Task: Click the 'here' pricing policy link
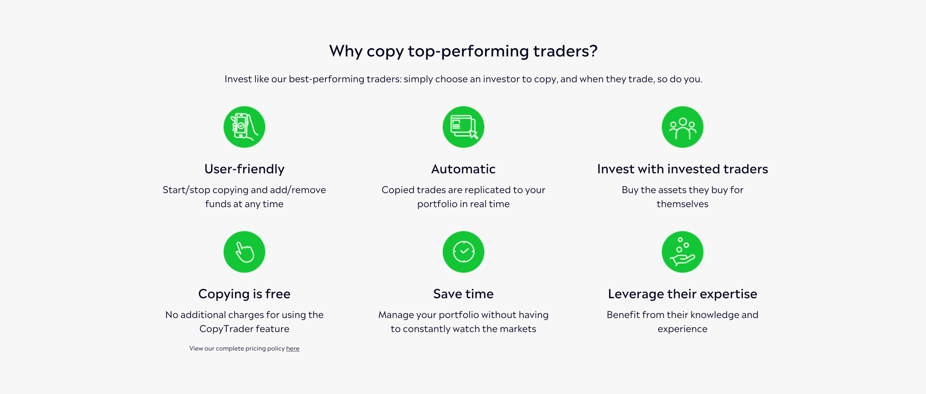(293, 348)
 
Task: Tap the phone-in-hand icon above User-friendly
(245, 127)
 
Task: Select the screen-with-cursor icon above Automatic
(463, 127)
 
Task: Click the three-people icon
(682, 127)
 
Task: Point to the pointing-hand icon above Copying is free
(245, 252)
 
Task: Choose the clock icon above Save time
(463, 252)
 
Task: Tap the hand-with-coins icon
(682, 252)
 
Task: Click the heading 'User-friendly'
(245, 169)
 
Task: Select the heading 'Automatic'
(463, 169)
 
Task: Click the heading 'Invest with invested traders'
(682, 169)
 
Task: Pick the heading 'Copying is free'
(245, 294)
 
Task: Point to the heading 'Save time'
(463, 294)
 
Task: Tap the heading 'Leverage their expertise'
(682, 294)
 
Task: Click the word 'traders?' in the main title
(565, 51)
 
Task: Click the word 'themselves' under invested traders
(682, 204)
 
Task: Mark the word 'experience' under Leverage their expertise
(682, 329)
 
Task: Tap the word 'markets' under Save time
(518, 329)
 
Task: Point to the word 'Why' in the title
(346, 51)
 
